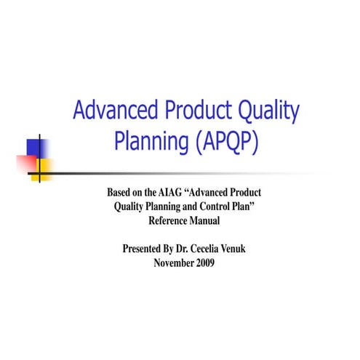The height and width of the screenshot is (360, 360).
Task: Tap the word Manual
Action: [204, 220]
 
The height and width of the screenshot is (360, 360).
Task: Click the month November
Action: [175, 262]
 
